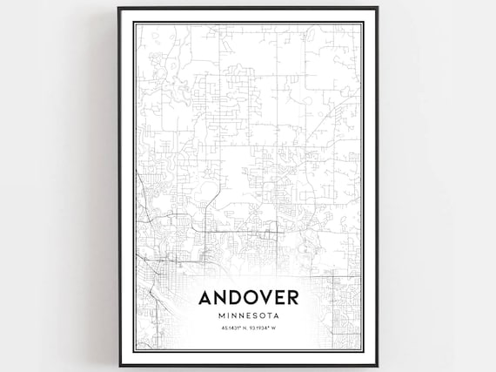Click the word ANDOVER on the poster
click(248, 298)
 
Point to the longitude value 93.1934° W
click(263, 328)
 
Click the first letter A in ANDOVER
click(205, 298)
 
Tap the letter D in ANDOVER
click(233, 298)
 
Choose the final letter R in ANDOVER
click(292, 298)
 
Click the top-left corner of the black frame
click(119, 8)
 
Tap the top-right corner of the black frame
click(377, 8)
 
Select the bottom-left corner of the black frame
click(119, 365)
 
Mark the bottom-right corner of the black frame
click(377, 365)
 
